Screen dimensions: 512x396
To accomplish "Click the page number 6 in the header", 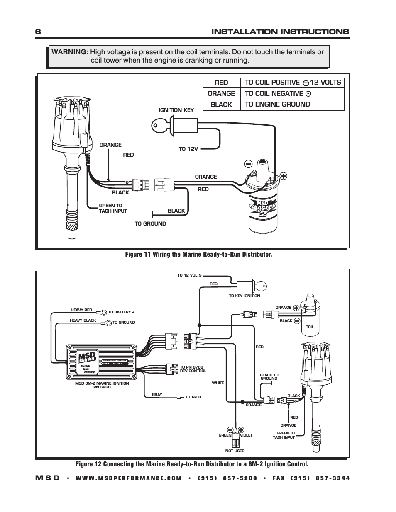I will [x=38, y=32].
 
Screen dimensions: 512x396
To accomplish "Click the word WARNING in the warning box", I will [x=69, y=52].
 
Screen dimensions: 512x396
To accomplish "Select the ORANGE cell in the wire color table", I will [x=221, y=94].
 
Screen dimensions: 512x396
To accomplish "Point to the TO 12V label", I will [x=188, y=149].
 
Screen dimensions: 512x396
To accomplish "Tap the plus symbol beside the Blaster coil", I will [x=284, y=175].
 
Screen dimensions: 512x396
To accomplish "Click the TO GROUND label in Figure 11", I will [x=150, y=223].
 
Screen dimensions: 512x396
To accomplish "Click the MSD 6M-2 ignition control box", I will [x=102, y=362].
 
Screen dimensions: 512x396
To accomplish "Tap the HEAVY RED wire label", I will [x=81, y=310].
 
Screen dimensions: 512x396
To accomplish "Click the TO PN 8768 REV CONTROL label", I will [x=193, y=369].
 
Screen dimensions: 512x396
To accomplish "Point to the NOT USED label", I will [x=235, y=451].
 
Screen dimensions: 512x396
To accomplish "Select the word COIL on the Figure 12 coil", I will [x=310, y=327].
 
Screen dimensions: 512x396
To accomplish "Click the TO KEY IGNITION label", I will [x=244, y=296].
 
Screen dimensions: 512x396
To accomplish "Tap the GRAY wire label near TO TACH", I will [x=157, y=395].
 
